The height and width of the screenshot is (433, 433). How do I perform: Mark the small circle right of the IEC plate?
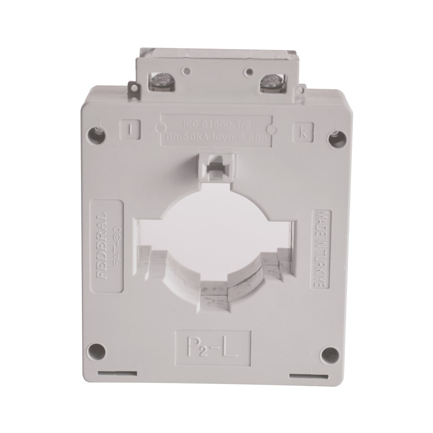tap(272, 129)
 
